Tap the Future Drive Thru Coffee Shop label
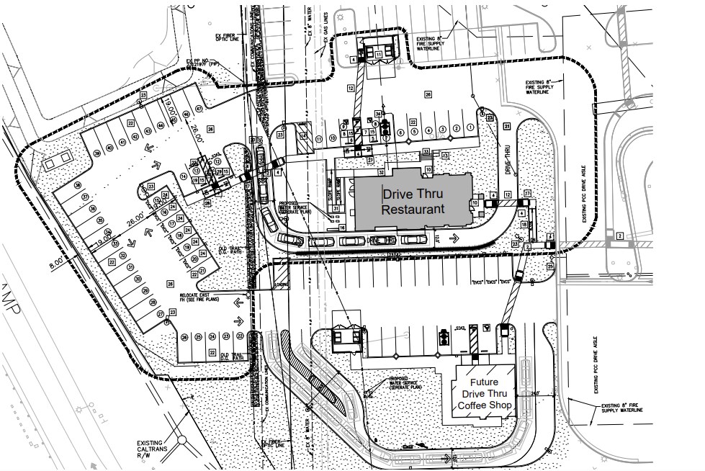point(484,394)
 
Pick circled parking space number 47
point(197,109)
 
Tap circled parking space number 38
point(96,153)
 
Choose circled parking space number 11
point(319,138)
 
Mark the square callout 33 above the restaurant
point(426,151)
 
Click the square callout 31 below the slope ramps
point(336,208)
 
